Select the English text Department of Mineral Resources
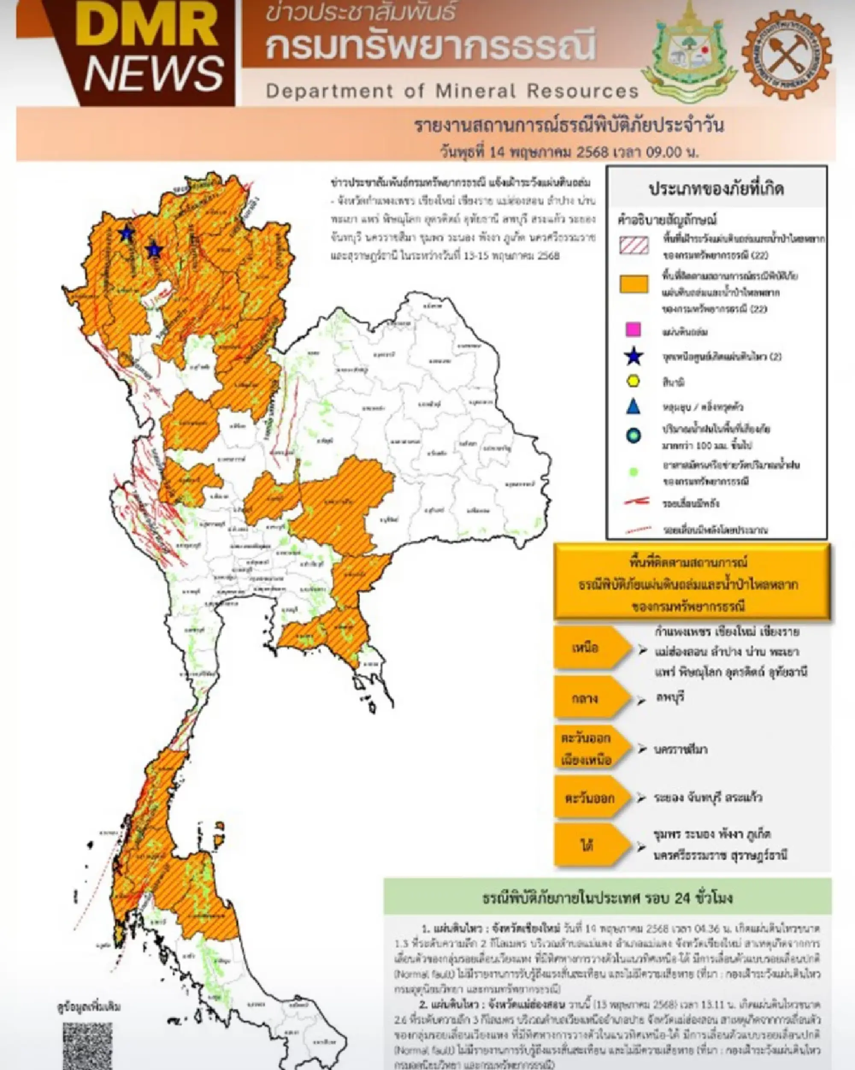452,91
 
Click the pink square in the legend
633,329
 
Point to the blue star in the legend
633,356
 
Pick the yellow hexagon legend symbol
633,381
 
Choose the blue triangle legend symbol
633,407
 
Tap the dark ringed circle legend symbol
633,436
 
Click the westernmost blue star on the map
127,233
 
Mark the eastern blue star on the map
154,249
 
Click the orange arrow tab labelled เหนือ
590,648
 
